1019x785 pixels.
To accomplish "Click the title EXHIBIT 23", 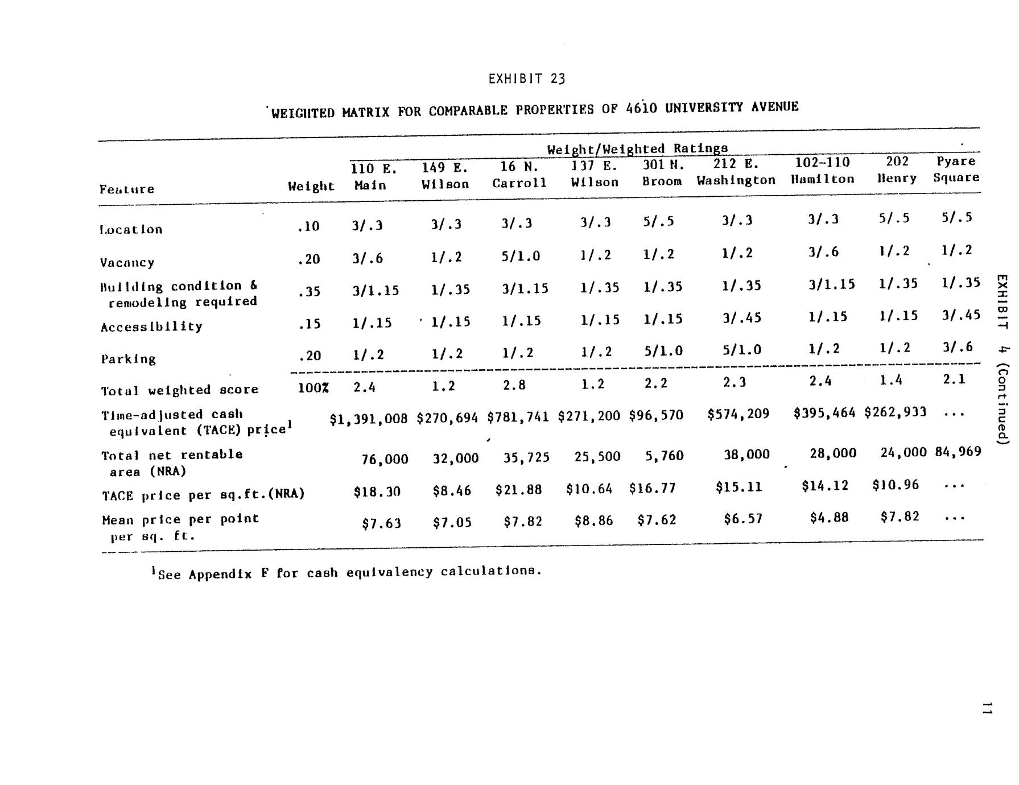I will [526, 78].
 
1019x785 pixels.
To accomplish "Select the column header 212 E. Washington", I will [736, 172].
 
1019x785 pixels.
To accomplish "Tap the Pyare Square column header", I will [956, 169].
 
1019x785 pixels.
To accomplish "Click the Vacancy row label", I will [127, 262].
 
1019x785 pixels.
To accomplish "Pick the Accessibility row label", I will [151, 327].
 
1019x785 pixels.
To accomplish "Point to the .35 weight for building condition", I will [309, 292].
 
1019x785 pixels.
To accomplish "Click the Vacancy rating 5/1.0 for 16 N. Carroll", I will [520, 256].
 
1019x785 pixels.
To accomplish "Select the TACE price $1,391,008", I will [369, 419].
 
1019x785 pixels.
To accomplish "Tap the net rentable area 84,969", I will [958, 452].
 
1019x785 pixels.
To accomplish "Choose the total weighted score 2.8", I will [514, 385].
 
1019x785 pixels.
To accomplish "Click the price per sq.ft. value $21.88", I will [518, 489].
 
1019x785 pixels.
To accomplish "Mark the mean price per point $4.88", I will [829, 518].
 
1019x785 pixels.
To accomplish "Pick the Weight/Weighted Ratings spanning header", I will [637, 149].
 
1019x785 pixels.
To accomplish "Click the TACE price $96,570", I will [656, 415].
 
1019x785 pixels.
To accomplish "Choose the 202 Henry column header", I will [897, 170].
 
